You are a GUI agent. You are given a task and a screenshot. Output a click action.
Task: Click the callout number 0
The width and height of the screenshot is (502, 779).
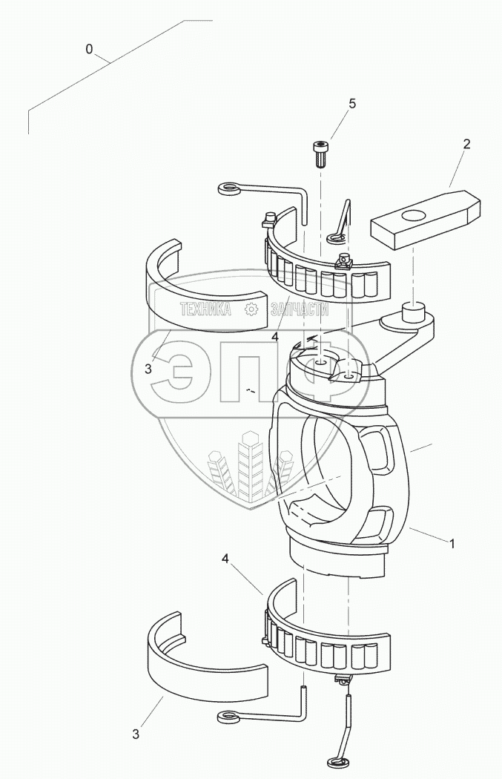click(x=89, y=49)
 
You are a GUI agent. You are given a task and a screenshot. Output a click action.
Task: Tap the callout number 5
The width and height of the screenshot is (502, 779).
click(x=352, y=104)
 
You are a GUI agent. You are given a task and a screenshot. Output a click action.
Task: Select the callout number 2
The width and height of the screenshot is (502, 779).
click(x=466, y=144)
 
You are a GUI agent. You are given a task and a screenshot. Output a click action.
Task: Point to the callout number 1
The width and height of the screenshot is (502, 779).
click(x=452, y=544)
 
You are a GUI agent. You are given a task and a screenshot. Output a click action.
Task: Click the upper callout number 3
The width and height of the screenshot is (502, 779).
click(x=148, y=369)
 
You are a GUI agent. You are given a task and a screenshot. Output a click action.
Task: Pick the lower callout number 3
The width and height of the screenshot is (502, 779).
click(x=136, y=734)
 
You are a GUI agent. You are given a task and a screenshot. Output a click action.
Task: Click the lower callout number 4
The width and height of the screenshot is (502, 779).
click(x=225, y=559)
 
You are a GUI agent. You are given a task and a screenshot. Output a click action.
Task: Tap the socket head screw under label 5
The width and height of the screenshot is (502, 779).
click(x=320, y=154)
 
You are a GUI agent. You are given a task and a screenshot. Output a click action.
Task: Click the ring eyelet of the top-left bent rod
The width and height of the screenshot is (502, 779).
click(x=229, y=188)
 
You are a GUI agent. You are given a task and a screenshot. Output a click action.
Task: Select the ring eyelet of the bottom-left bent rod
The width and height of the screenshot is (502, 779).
click(x=229, y=717)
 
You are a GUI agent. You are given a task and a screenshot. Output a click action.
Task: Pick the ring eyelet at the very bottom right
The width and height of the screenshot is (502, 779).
click(x=336, y=761)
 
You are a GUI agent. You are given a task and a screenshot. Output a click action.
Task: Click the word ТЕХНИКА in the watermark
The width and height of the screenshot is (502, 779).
click(x=205, y=309)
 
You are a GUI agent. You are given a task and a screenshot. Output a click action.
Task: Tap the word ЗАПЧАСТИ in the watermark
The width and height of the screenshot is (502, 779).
click(x=300, y=309)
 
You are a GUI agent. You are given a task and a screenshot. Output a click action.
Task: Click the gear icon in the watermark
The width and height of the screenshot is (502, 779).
click(x=252, y=309)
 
